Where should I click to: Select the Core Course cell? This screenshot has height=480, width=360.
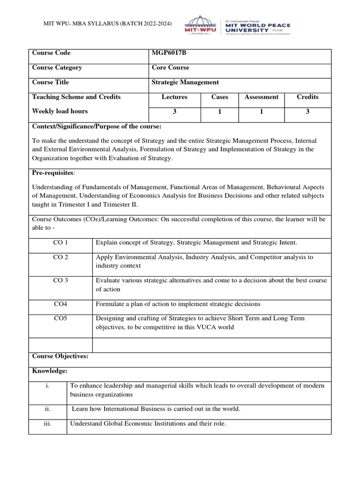(x=170, y=67)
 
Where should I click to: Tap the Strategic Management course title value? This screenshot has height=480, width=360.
(x=185, y=82)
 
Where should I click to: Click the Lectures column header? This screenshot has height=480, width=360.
(x=174, y=97)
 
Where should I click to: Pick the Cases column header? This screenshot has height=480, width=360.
(x=219, y=97)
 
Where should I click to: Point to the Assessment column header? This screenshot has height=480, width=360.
(x=261, y=97)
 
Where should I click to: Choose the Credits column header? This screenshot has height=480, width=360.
(x=307, y=97)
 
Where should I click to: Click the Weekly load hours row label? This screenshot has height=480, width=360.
(x=60, y=111)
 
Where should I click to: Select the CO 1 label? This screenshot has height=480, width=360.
(x=60, y=242)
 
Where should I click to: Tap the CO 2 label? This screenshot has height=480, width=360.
(x=60, y=257)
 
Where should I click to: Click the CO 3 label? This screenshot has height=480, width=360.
(x=60, y=280)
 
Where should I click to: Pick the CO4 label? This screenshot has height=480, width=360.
(x=60, y=304)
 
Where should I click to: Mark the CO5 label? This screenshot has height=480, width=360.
(x=60, y=318)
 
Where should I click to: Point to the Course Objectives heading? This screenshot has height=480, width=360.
(x=60, y=356)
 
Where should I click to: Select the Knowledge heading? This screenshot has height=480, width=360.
(x=50, y=371)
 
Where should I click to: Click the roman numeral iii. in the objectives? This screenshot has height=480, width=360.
(x=47, y=424)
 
